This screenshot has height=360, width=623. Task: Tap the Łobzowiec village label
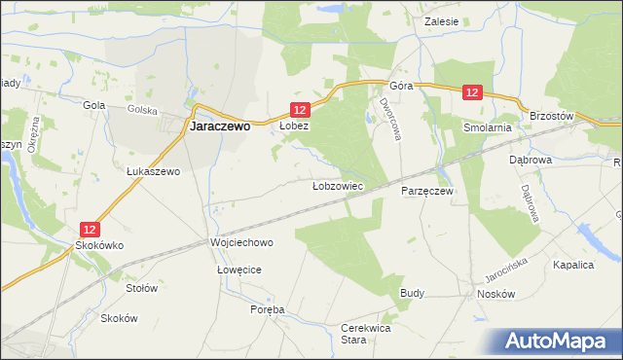tap(338, 185)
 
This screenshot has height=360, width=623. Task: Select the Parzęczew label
tap(427, 192)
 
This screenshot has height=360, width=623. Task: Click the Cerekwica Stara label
tap(366, 334)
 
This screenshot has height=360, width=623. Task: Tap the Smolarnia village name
tap(488, 127)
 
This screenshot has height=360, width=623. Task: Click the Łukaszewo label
tap(155, 171)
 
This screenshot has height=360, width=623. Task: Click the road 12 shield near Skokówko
tap(89, 230)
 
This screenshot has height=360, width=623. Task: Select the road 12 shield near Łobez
tap(300, 110)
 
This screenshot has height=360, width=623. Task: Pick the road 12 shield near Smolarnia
tap(472, 92)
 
